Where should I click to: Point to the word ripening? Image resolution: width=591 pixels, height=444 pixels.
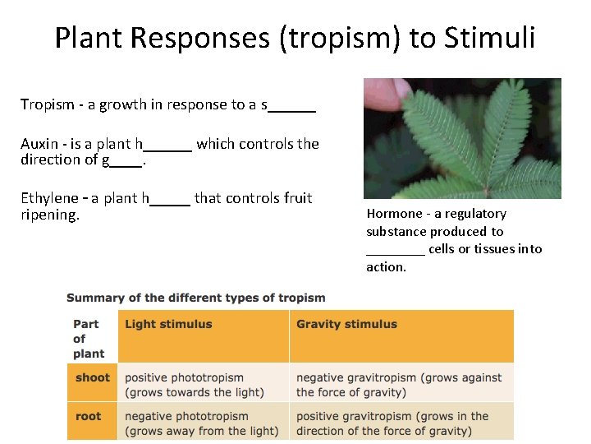[x=49, y=215]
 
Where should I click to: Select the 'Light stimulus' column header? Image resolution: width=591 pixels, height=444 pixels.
[x=168, y=325]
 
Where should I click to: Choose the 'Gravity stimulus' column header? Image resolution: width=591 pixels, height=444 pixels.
[x=346, y=325]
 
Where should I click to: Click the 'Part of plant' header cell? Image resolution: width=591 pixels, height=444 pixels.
[x=89, y=339]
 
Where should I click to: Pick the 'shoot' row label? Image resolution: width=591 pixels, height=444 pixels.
[x=92, y=378]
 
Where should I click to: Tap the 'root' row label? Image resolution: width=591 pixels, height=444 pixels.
[x=89, y=416]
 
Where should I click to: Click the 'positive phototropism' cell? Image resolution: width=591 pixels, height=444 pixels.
[x=195, y=385]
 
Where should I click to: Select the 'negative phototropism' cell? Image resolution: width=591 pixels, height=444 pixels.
[x=201, y=423]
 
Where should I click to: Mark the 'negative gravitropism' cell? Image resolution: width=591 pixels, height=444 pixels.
[x=399, y=385]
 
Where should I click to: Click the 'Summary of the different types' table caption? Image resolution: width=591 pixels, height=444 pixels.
[x=195, y=298]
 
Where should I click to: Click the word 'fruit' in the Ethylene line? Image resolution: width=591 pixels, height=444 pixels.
[x=296, y=198]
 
